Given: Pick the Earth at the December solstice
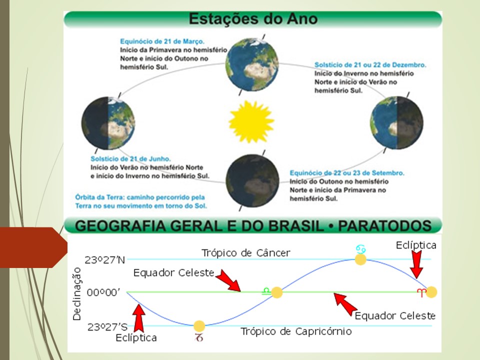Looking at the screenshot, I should tap(396, 121).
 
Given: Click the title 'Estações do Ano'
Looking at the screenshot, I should tap(252, 19).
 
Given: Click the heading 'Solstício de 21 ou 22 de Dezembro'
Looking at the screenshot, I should tap(370, 65).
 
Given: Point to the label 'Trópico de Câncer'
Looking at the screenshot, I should tap(245, 253).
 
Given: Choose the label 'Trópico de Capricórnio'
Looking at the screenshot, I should tap(296, 331).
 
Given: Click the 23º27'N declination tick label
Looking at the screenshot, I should tap(105, 260).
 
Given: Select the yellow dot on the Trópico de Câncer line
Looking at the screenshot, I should tap(360, 259).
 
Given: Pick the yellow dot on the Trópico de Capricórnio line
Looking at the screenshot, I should tap(199, 326).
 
